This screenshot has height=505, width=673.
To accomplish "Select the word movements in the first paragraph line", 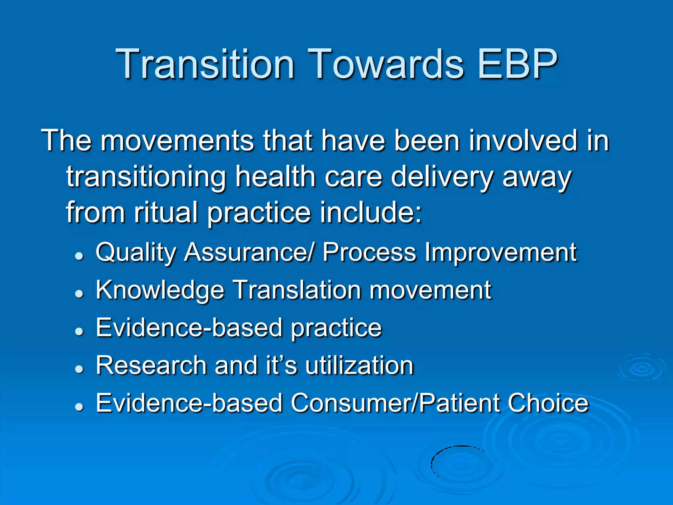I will tap(177, 141).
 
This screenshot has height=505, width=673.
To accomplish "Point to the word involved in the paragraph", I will tap(523, 141).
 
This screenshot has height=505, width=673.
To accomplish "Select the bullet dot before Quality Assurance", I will tap(79, 256).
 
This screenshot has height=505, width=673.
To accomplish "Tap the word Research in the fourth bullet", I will tap(151, 365).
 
